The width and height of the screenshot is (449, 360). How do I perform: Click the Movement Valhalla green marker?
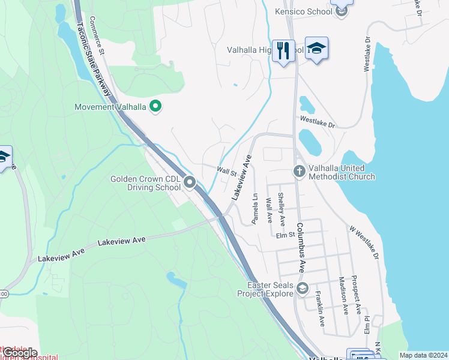pyautogui.click(x=156, y=107)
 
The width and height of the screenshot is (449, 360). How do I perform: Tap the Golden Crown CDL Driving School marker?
pyautogui.click(x=190, y=182)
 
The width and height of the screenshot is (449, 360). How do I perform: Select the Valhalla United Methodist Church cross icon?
pyautogui.click(x=300, y=172)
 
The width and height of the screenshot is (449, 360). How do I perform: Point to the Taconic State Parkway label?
pyautogui.click(x=94, y=59)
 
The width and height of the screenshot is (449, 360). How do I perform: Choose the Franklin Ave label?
pyautogui.click(x=322, y=312)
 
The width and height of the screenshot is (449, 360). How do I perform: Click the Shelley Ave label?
pyautogui.click(x=282, y=205)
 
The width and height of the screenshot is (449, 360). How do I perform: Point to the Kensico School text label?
pyautogui.click(x=303, y=11)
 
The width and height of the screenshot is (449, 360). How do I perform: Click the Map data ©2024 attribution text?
pyautogui.click(x=423, y=355)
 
